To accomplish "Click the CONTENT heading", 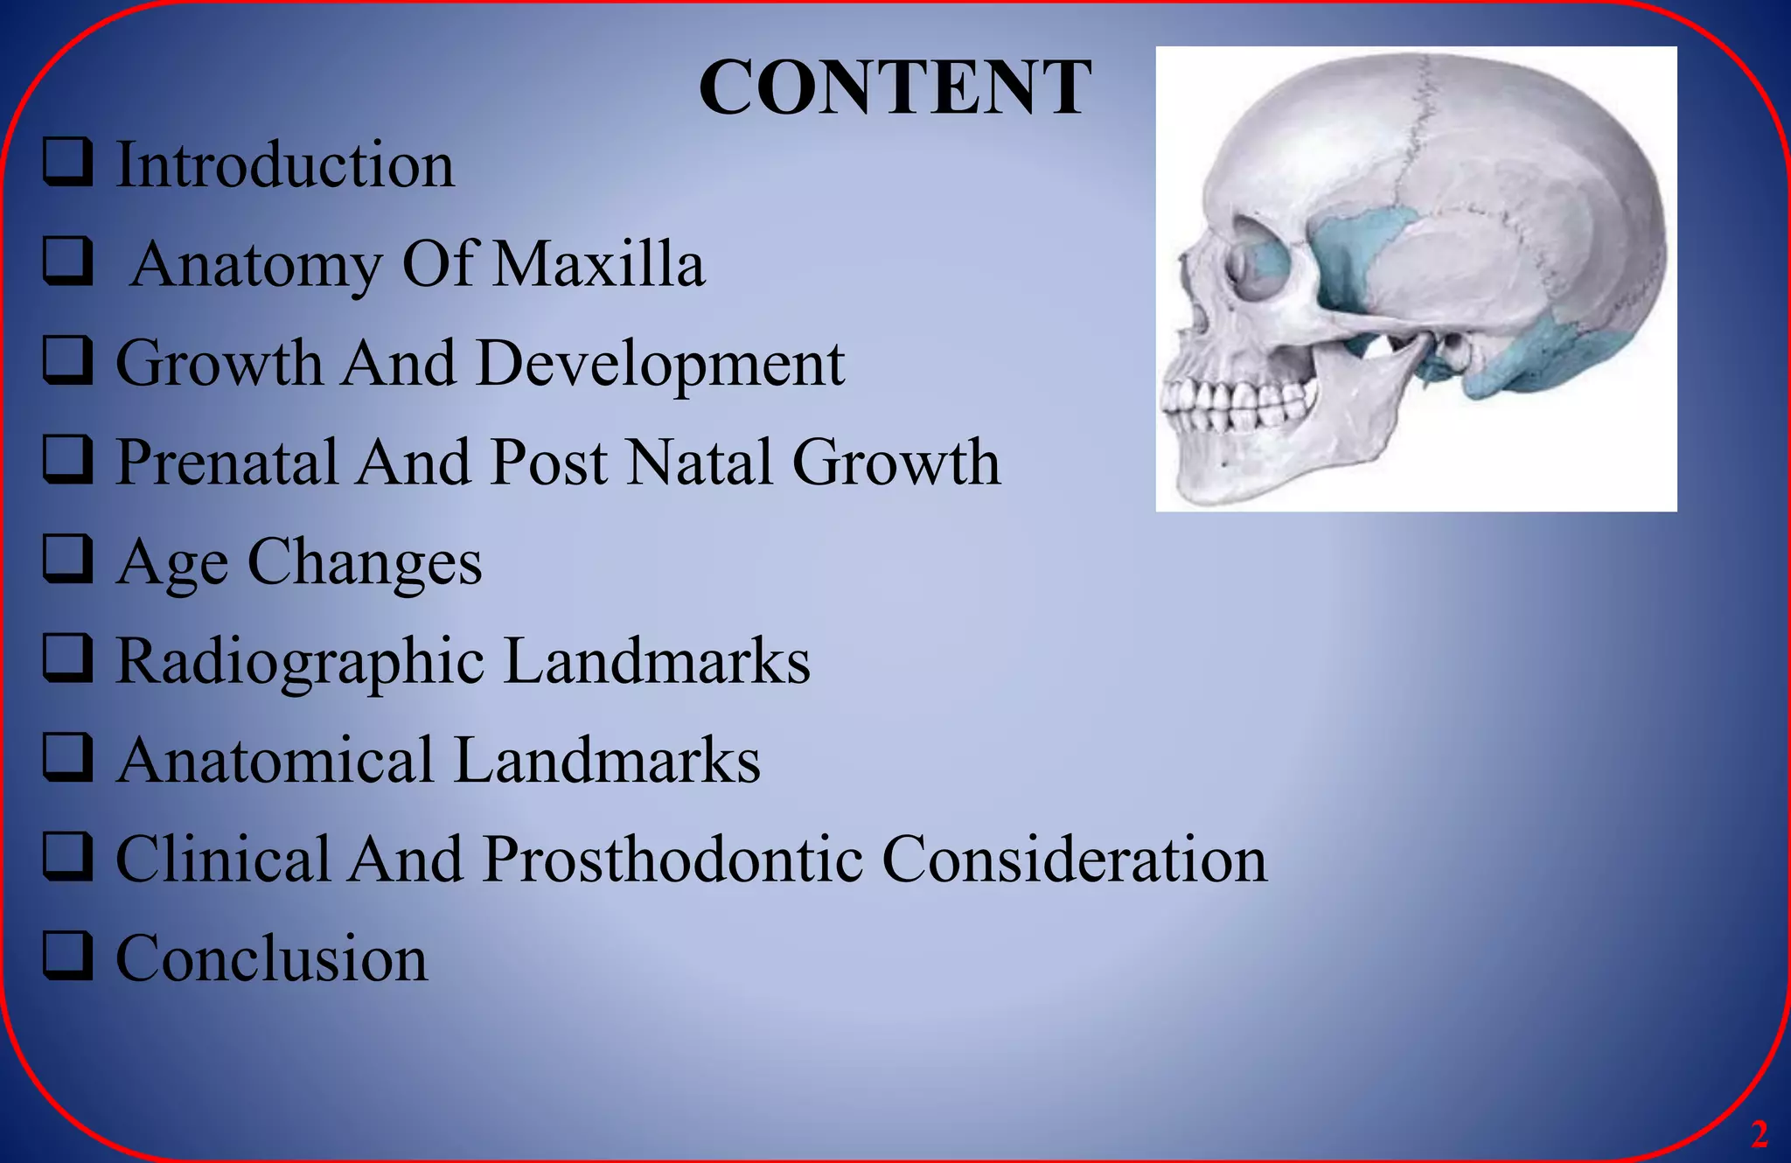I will tap(895, 87).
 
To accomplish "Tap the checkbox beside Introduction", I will tap(67, 163).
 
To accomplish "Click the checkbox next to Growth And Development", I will tap(67, 361).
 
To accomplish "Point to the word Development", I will tap(660, 364).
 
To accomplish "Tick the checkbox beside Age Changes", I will tap(67, 560).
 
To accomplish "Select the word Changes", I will tap(365, 561).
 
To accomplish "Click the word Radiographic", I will tap(300, 662).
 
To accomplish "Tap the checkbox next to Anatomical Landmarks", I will tap(67, 758).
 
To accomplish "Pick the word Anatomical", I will tap(275, 760).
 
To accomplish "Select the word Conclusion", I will tap(272, 958).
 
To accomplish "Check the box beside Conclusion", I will tap(67, 956).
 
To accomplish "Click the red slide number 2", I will tap(1760, 1134).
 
